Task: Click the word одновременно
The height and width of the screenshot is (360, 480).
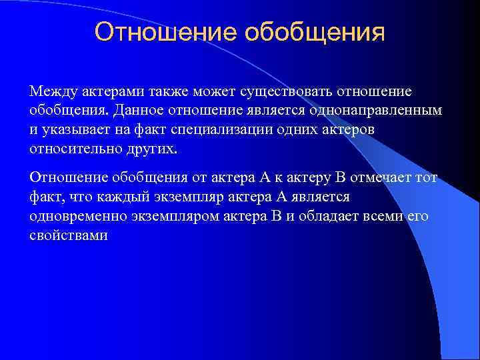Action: (75, 216)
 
